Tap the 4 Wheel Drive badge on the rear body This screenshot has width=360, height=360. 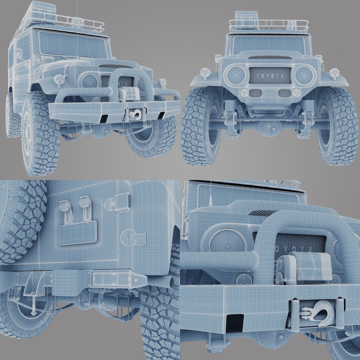click(x=133, y=238)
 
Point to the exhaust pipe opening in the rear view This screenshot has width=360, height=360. click(x=171, y=282)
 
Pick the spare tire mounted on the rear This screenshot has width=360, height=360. click(x=20, y=220)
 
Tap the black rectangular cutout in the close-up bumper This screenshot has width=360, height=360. click(x=235, y=323)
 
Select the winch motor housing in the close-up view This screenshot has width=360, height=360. click(x=305, y=267)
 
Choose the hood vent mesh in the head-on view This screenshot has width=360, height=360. click(x=270, y=57)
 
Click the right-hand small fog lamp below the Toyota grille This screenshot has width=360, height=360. click(x=296, y=93)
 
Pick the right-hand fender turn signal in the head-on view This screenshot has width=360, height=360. click(x=334, y=73)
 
